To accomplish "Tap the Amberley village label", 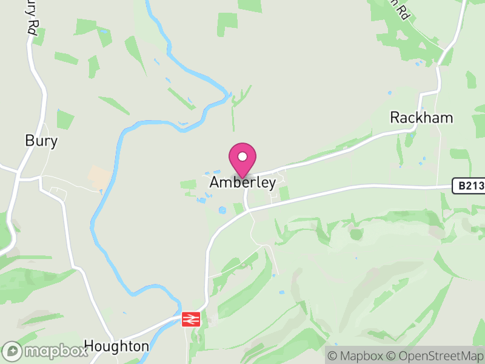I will (242, 183).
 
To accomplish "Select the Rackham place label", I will (421, 118).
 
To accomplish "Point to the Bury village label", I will (41, 141).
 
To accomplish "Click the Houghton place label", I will (116, 346).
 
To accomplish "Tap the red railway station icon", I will (191, 318).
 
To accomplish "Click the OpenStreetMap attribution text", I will (435, 356).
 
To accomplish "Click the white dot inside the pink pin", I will (242, 157).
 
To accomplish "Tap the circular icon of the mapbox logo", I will (13, 351).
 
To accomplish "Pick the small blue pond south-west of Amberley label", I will (222, 210).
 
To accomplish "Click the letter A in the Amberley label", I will (215, 183).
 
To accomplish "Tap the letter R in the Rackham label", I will (395, 118).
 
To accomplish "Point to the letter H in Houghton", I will (89, 346).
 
